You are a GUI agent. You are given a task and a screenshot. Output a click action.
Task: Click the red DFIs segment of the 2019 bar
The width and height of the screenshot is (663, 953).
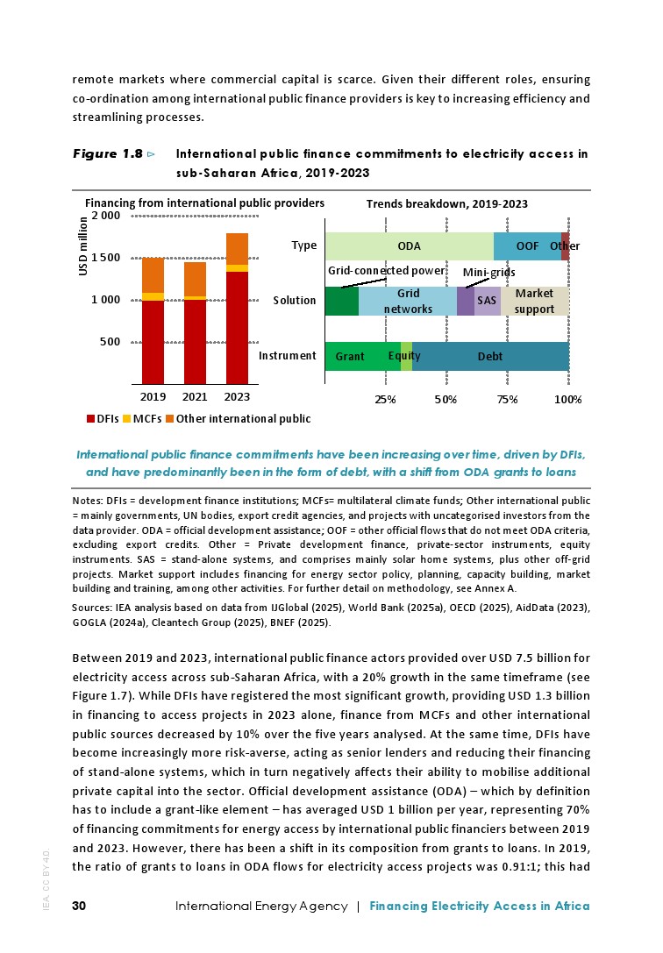(153, 342)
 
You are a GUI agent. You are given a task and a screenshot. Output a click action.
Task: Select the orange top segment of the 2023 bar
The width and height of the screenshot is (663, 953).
(237, 249)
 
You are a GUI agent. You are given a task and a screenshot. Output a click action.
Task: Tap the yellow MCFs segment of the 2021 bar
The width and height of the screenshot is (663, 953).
(195, 298)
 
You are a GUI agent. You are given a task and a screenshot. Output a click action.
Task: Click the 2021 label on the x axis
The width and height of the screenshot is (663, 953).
(195, 396)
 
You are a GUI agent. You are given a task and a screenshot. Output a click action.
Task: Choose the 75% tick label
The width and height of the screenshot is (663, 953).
(507, 399)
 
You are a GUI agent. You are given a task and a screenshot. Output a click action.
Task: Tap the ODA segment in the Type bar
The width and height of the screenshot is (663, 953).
(409, 246)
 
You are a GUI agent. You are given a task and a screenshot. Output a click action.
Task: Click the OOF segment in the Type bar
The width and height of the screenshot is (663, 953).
(527, 246)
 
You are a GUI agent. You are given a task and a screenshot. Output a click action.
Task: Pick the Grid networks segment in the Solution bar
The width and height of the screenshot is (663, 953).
(408, 301)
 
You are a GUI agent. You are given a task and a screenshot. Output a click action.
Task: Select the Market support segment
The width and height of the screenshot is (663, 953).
(535, 301)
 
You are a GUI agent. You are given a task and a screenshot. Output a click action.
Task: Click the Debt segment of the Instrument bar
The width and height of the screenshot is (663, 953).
(490, 357)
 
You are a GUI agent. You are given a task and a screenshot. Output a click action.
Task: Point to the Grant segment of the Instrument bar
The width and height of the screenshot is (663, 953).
(350, 357)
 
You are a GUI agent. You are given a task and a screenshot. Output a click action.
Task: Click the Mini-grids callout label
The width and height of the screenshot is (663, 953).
(488, 273)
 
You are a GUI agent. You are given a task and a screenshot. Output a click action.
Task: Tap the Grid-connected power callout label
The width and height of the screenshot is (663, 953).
(387, 271)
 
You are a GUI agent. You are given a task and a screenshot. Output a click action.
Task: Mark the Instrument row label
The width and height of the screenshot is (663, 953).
(287, 356)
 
